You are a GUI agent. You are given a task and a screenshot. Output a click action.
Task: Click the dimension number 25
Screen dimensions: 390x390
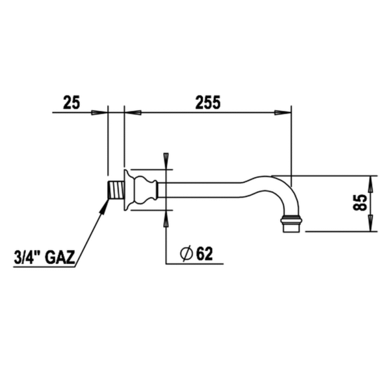(71, 102)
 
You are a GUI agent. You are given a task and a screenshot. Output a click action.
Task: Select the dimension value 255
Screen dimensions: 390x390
(208, 102)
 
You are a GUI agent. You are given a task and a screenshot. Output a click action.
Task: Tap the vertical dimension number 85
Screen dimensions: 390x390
(359, 203)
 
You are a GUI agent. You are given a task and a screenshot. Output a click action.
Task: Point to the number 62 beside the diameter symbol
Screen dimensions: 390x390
(203, 254)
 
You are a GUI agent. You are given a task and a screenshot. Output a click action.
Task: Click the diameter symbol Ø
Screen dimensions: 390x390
(185, 254)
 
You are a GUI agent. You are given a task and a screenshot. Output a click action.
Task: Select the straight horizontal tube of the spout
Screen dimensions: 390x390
(201, 190)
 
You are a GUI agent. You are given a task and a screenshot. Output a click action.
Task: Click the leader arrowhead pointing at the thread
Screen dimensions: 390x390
(106, 205)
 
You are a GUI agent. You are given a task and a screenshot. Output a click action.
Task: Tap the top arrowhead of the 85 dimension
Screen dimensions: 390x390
(372, 181)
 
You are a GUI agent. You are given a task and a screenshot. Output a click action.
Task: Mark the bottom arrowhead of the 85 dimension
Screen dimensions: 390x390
(372, 225)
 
